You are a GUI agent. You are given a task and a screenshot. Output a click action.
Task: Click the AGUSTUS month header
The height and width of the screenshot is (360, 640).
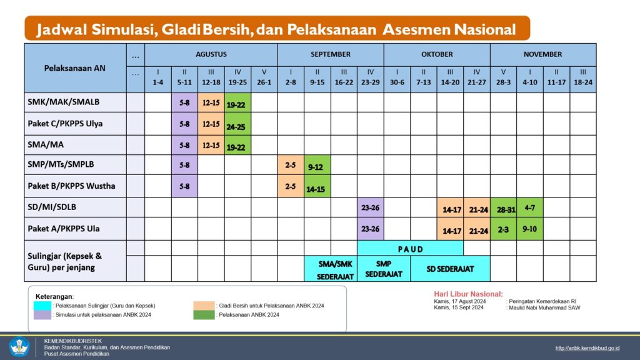211,54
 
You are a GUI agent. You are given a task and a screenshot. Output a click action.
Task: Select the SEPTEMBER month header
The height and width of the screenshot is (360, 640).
331,54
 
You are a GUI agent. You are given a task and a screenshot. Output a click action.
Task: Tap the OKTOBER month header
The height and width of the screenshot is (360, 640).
437,54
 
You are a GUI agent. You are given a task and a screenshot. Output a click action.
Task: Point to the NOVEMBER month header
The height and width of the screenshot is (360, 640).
542,54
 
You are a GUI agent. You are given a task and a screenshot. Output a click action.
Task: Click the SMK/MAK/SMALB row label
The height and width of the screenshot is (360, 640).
64,102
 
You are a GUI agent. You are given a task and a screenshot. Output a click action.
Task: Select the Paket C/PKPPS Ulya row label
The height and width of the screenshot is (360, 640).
66,124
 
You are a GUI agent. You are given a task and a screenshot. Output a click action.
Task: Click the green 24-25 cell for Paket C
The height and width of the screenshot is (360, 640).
237,124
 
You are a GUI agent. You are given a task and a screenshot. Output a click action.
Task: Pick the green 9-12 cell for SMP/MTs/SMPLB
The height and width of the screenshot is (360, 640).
317,166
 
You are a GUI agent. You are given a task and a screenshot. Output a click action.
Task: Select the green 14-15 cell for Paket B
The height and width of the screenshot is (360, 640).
317,187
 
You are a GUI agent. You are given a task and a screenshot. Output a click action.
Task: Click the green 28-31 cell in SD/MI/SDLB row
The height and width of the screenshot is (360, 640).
503,208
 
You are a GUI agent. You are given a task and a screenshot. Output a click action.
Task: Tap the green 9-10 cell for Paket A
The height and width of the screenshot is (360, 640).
530,229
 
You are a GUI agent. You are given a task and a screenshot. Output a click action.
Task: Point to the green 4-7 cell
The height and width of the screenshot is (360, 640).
530,207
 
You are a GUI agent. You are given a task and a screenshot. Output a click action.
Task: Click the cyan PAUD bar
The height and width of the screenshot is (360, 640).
410,249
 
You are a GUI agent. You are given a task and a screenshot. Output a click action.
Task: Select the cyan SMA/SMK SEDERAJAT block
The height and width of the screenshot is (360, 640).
331,269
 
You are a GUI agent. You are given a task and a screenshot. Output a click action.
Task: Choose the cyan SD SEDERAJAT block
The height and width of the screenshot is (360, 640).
450,269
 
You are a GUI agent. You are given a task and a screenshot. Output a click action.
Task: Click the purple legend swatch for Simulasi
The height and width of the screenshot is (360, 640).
43,314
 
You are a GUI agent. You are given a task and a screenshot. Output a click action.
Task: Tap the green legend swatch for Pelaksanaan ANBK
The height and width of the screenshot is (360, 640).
203,314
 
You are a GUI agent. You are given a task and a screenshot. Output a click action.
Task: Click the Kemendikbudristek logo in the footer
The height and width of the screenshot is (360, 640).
19,347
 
